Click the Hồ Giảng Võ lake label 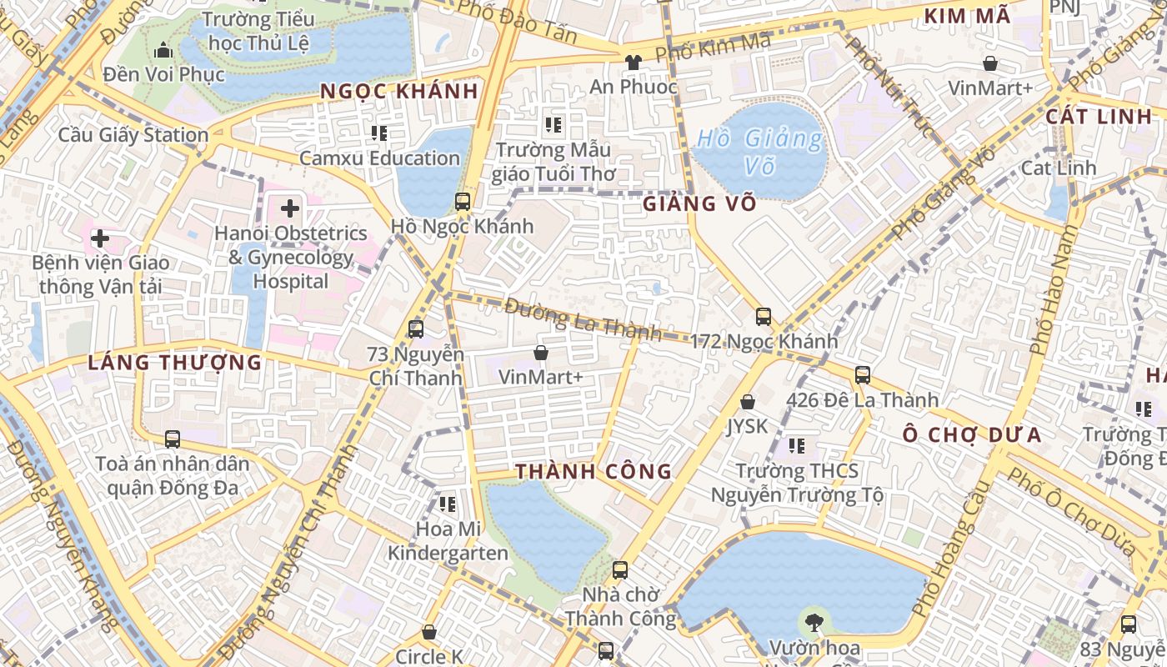tap(759, 151)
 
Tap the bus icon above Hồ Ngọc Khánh tap(463, 201)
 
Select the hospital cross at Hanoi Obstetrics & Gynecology tap(290, 208)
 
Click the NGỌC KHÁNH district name tap(399, 92)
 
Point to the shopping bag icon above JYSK tap(748, 402)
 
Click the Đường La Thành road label tap(583, 319)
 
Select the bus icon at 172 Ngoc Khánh tap(764, 317)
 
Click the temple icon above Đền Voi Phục tap(163, 50)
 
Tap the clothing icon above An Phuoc tap(633, 62)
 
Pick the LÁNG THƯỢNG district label tap(175, 363)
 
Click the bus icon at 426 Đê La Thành tap(863, 375)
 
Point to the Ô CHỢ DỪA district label tap(973, 435)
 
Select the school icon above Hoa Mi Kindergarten tap(448, 504)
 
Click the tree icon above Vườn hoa tap(814, 621)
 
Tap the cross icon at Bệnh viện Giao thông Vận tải tap(100, 239)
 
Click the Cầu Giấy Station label tap(133, 135)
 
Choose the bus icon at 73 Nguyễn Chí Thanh tap(416, 329)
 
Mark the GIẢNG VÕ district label tap(699, 203)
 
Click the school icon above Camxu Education tap(379, 133)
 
